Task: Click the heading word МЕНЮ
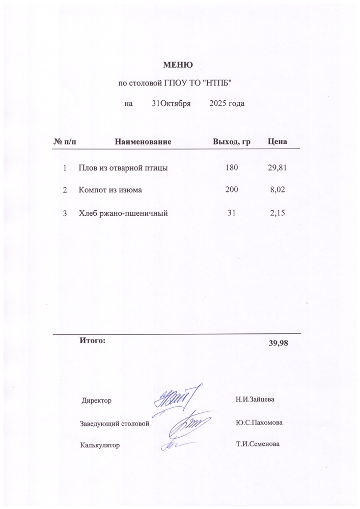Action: click(x=177, y=65)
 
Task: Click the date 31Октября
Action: click(x=171, y=104)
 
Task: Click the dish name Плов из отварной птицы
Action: click(x=123, y=167)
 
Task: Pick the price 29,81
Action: click(x=278, y=167)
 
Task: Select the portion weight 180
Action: click(x=231, y=167)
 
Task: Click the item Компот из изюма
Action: click(x=110, y=190)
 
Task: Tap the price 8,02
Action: click(x=281, y=190)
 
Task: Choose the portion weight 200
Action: click(x=231, y=190)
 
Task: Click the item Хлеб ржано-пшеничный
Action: click(x=123, y=213)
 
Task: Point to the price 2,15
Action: click(x=281, y=213)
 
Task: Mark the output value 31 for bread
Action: click(x=231, y=213)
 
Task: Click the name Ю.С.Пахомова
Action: click(x=260, y=422)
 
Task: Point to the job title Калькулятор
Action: click(x=100, y=445)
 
